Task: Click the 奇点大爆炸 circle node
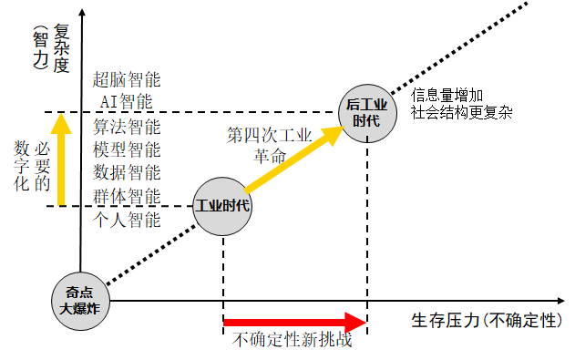point(81,300)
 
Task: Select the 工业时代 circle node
point(223,204)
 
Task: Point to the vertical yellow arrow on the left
point(60,159)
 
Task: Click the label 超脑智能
point(128,77)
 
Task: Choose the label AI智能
point(128,101)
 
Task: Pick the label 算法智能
point(128,125)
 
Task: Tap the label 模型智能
point(128,149)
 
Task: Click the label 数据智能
point(128,172)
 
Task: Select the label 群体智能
point(128,196)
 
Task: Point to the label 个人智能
point(128,220)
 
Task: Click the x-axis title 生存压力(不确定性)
point(484,321)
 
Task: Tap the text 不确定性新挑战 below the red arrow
point(293,342)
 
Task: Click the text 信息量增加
point(447,94)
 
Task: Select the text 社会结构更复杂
point(461,113)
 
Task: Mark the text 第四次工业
point(270,135)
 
